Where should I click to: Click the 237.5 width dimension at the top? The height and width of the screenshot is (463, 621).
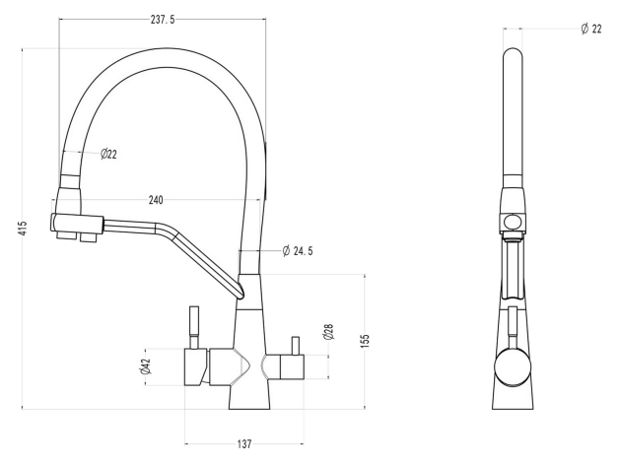[163, 20]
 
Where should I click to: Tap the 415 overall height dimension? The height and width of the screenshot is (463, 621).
[23, 229]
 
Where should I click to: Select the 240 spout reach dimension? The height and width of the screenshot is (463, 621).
[156, 200]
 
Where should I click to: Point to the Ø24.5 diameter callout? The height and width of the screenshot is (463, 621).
[298, 251]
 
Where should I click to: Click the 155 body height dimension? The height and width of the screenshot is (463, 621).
[365, 341]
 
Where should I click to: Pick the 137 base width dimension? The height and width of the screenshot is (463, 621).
[244, 444]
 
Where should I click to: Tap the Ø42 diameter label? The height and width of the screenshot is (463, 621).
[145, 366]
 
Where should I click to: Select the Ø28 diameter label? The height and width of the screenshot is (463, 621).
[328, 332]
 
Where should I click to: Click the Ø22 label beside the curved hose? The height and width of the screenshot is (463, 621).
[108, 154]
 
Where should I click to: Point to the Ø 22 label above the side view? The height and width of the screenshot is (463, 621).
[591, 29]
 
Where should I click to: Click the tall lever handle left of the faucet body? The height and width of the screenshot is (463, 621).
[194, 327]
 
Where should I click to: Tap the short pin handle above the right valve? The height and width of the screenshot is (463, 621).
[296, 346]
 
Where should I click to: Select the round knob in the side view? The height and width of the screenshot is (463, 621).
[513, 366]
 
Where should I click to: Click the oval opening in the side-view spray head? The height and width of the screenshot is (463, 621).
[513, 222]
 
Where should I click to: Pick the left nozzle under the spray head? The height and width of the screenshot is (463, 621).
[65, 235]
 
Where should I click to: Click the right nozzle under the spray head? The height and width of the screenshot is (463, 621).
[89, 237]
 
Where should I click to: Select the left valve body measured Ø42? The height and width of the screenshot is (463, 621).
[197, 367]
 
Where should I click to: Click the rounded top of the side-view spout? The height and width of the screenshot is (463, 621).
[513, 55]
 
